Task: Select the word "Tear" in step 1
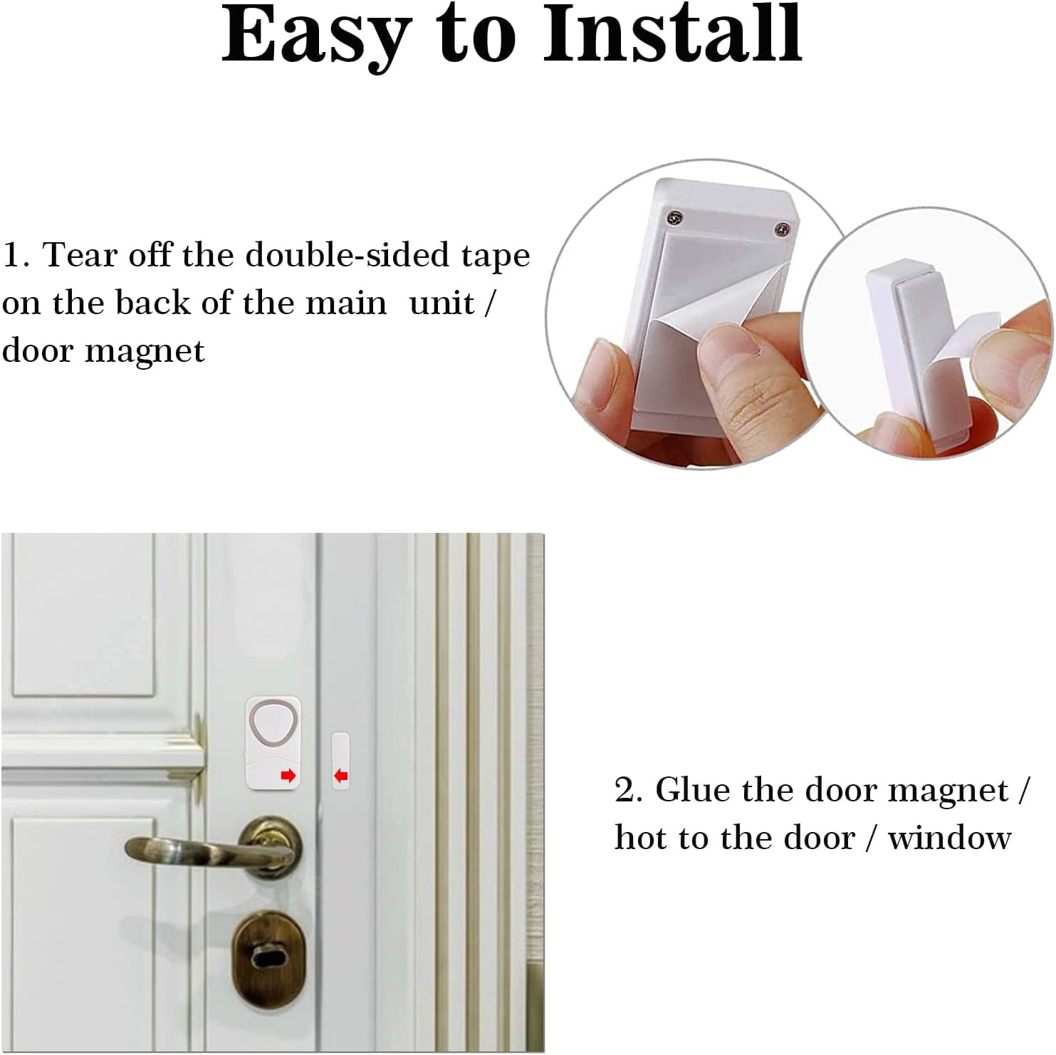click(76, 256)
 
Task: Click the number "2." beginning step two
click(629, 791)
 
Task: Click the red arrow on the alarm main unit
click(288, 776)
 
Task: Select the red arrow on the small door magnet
click(341, 775)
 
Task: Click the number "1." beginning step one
click(18, 256)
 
